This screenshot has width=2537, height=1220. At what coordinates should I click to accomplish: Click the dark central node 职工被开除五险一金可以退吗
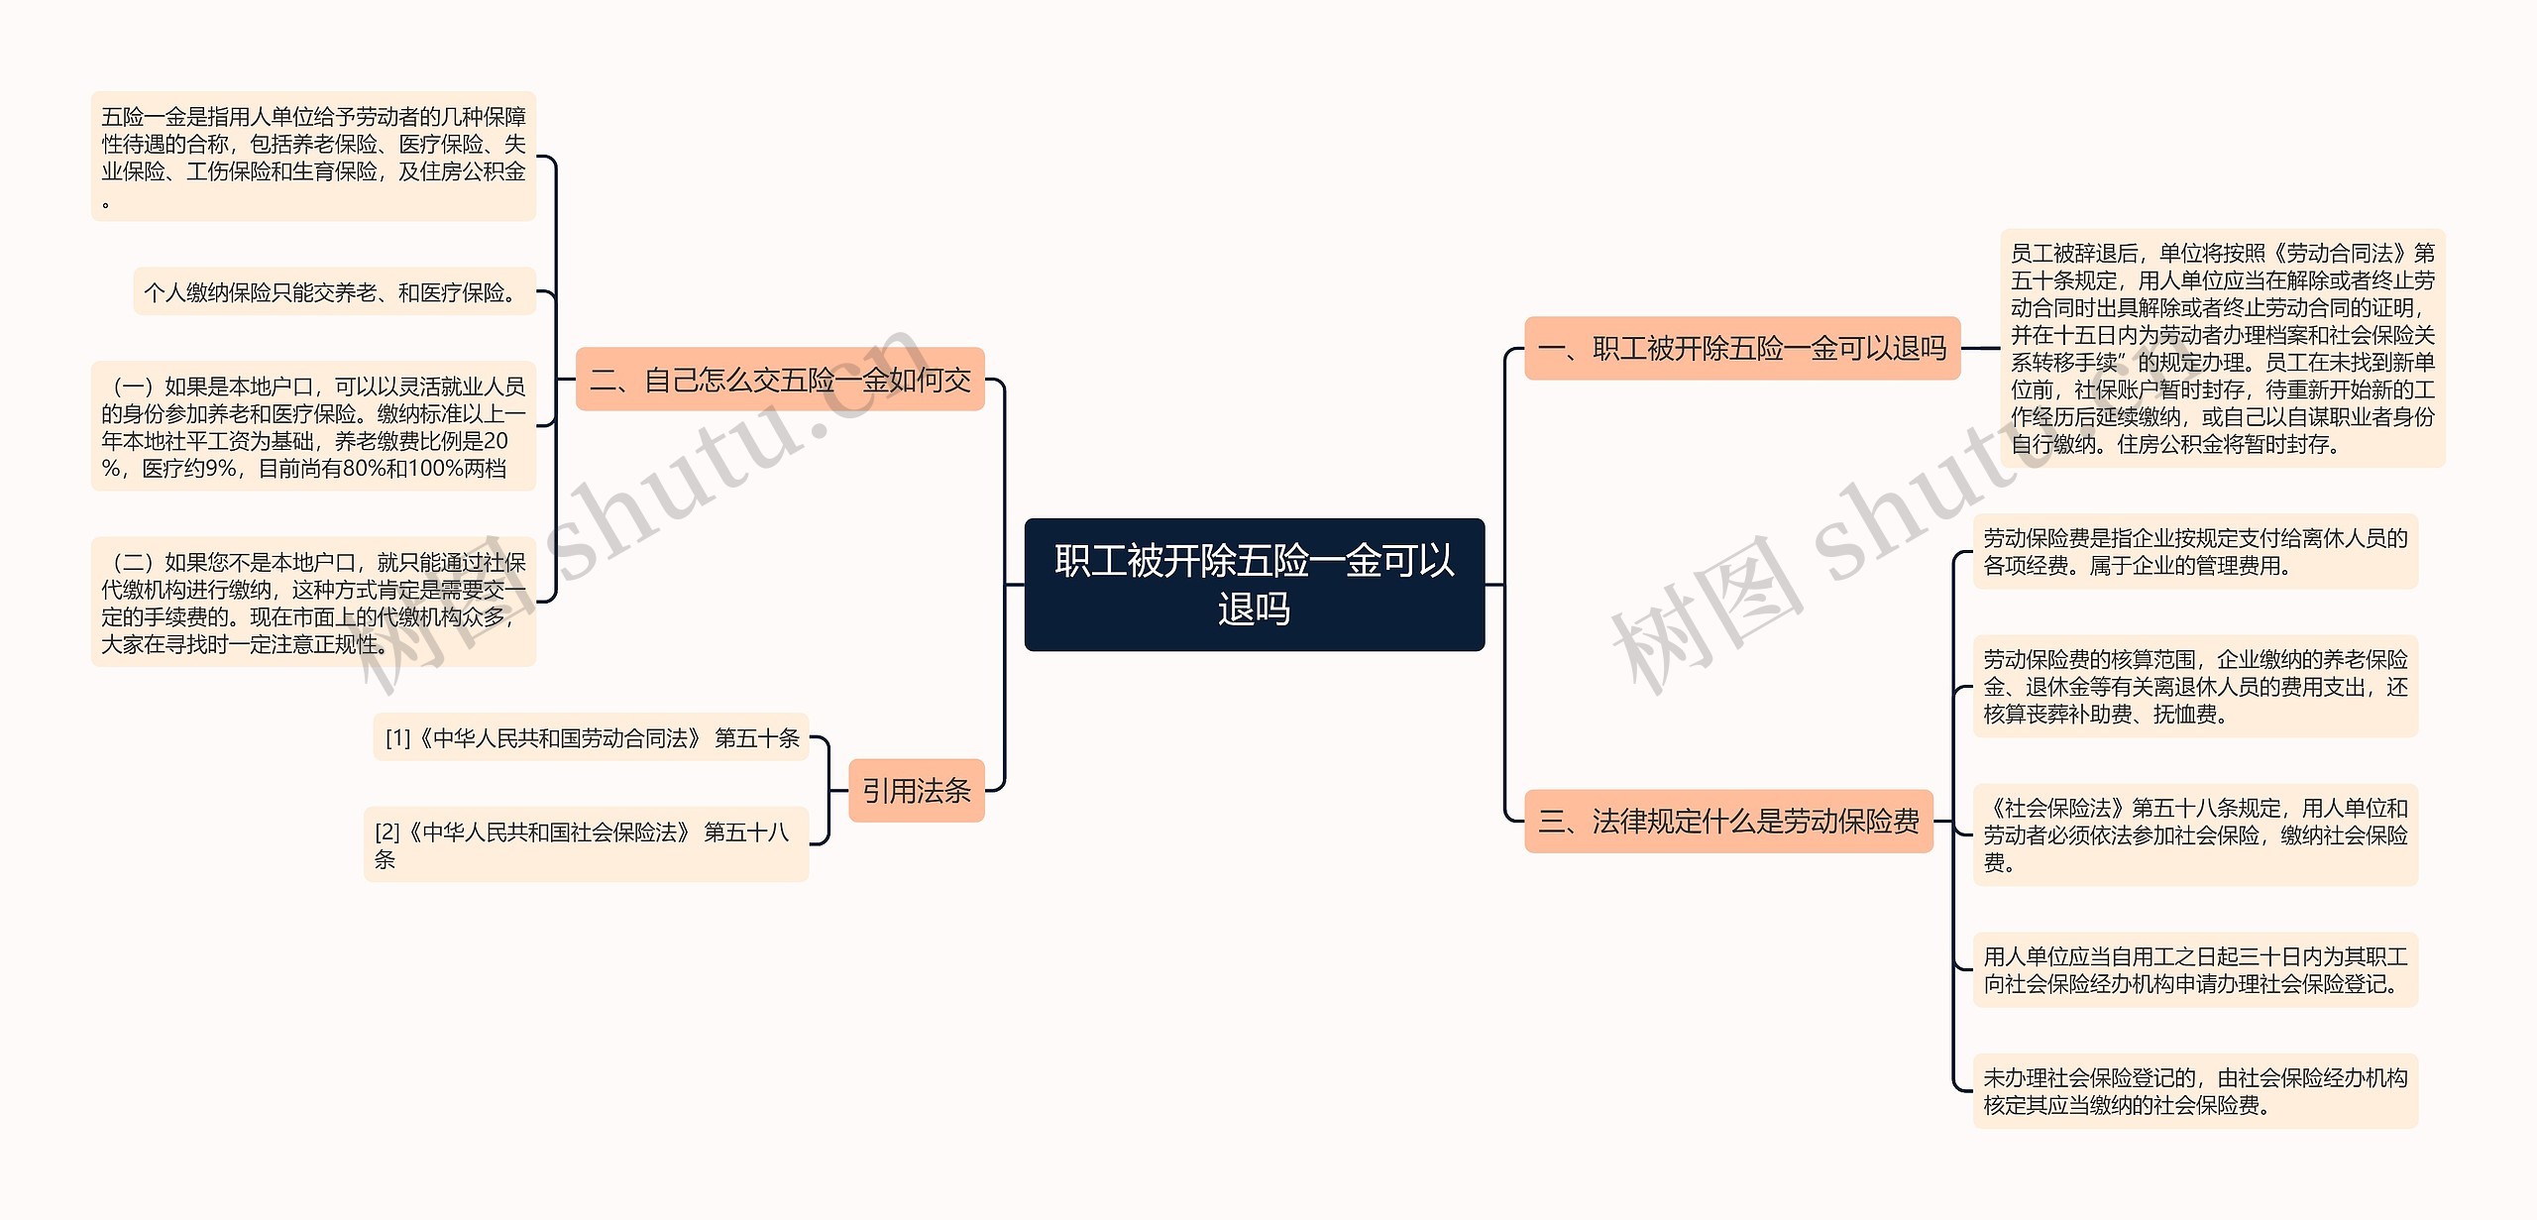(1254, 585)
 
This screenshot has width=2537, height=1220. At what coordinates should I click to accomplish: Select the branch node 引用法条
(917, 791)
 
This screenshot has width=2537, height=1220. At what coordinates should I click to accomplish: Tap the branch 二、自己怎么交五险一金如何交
(780, 380)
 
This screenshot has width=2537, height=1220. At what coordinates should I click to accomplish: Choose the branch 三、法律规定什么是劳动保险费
(1728, 822)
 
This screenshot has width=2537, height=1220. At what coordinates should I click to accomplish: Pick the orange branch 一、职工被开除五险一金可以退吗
(1741, 349)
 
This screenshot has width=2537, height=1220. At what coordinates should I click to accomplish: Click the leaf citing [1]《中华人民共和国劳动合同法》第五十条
(591, 738)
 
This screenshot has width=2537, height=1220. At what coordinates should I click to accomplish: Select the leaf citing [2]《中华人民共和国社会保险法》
(586, 845)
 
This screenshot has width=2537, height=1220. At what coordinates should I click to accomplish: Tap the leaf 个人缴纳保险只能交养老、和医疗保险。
(334, 292)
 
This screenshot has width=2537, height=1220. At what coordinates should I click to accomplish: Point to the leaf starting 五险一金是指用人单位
(313, 157)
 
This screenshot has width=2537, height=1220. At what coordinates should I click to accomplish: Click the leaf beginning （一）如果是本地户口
(313, 427)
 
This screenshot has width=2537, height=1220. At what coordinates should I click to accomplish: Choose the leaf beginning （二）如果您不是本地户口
(313, 603)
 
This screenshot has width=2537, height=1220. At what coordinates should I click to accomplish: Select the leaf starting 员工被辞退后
(2222, 349)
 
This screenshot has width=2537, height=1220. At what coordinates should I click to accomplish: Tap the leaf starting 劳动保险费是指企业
(2195, 552)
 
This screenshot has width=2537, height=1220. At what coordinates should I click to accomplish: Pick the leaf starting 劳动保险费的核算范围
(2195, 687)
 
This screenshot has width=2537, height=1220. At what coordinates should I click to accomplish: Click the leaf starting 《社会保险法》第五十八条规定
(2195, 835)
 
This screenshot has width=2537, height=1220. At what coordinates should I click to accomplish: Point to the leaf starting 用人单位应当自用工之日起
(2195, 970)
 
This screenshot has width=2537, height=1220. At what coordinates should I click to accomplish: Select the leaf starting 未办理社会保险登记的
(2195, 1091)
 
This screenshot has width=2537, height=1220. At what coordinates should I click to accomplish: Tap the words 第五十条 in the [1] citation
(756, 738)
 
